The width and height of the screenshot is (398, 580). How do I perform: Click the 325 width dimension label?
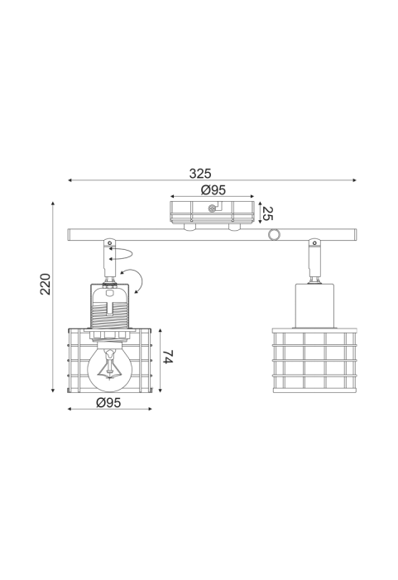click(200, 173)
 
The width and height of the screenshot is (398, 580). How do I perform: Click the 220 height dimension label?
click(46, 284)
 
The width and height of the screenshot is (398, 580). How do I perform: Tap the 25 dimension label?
click(267, 213)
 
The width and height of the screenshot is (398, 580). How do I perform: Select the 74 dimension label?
click(168, 357)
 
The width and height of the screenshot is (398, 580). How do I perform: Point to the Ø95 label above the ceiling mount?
click(213, 189)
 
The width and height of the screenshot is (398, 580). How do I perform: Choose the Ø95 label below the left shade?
click(108, 402)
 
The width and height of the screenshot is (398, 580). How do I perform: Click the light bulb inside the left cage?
click(109, 367)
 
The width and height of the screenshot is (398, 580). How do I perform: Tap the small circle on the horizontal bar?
click(274, 234)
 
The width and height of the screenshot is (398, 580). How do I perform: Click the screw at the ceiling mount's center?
click(213, 209)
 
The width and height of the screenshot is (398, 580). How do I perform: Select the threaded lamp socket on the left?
click(109, 306)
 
